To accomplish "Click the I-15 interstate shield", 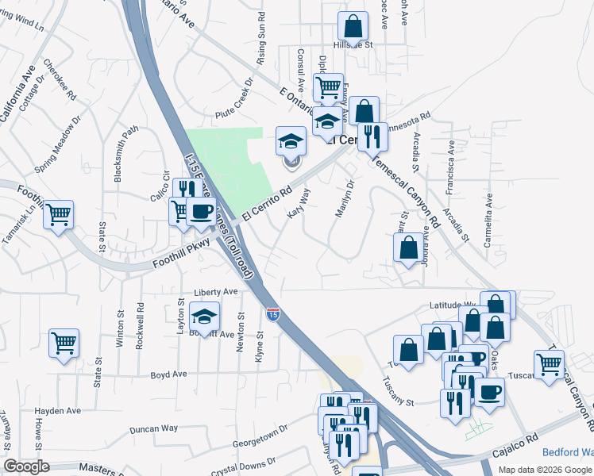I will pyautogui.click(x=272, y=315).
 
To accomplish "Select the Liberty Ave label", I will pyautogui.click(x=216, y=292).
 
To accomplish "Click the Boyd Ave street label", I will pyautogui.click(x=168, y=374).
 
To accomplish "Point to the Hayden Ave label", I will pyautogui.click(x=58, y=411).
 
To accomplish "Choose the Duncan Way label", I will pyautogui.click(x=154, y=428).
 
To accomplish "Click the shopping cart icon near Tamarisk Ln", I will pyautogui.click(x=59, y=214).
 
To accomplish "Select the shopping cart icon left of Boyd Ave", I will pyautogui.click(x=64, y=344).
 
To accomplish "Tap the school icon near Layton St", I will pyautogui.click(x=205, y=316).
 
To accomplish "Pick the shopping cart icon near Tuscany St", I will pyautogui.click(x=549, y=364).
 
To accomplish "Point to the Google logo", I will pyautogui.click(x=26, y=466).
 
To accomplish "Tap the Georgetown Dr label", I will pyautogui.click(x=259, y=436).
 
